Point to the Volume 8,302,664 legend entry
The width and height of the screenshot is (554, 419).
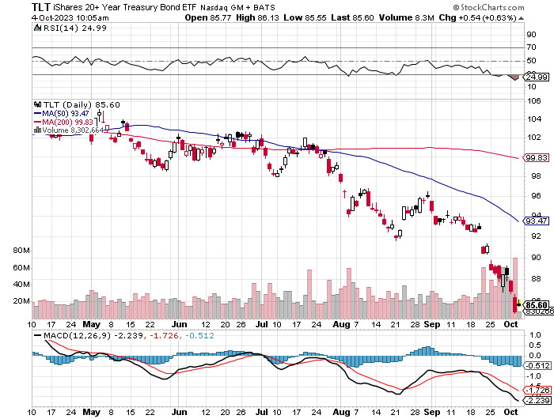click(x=69, y=130)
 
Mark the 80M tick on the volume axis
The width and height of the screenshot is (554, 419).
click(x=21, y=251)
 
